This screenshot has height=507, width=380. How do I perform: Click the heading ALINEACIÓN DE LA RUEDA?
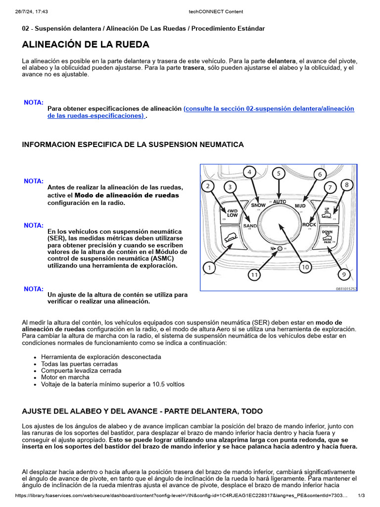pos(86,45)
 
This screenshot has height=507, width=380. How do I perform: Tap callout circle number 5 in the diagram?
pos(279,173)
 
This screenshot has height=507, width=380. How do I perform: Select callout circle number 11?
pos(254,275)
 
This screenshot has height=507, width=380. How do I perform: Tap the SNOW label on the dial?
pos(258,205)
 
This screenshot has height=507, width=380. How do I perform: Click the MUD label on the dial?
pos(300,205)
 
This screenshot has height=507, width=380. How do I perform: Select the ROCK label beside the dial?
pos(309,225)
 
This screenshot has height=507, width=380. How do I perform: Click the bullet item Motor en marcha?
pos(62,377)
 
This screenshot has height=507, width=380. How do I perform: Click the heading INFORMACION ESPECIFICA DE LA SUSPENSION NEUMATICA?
pos(133,145)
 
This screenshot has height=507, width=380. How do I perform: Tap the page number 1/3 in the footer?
pos(361,496)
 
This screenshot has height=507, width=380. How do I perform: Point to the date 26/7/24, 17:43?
pos(35,11)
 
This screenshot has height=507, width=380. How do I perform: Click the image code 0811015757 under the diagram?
pos(346,288)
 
